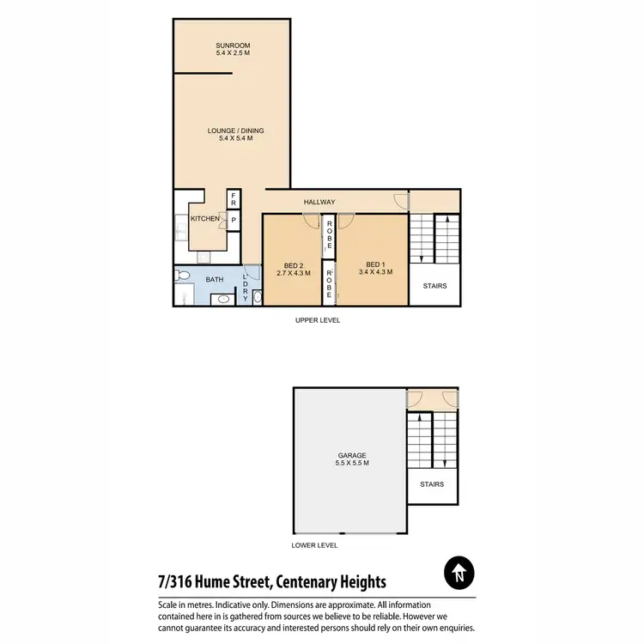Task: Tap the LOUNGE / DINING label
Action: (x=235, y=131)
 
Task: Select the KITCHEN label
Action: (x=205, y=219)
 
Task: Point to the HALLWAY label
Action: (x=319, y=202)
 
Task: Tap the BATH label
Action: (x=214, y=280)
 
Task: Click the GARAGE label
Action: (x=352, y=455)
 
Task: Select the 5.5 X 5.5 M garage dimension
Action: (x=352, y=464)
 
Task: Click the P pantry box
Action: (x=234, y=220)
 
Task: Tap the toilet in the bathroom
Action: (x=180, y=276)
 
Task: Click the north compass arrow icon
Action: (x=459, y=573)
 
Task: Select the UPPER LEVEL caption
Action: (x=318, y=320)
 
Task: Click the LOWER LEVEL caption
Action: (x=315, y=544)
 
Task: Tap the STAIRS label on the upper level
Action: (x=435, y=286)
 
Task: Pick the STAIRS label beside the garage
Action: (x=433, y=484)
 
